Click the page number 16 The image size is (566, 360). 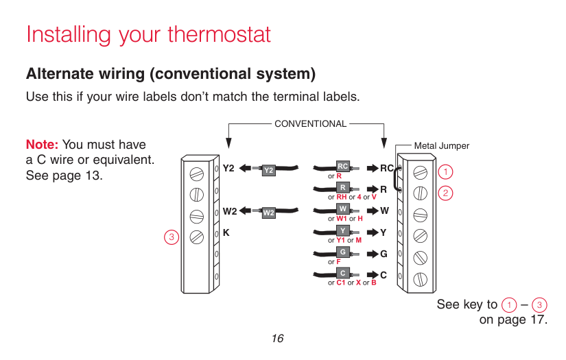click(277, 339)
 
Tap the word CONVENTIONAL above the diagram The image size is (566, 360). click(310, 124)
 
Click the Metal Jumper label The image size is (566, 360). click(442, 146)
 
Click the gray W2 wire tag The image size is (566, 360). click(268, 213)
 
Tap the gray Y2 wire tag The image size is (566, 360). click(269, 169)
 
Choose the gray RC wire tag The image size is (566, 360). click(342, 166)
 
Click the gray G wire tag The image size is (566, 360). click(342, 252)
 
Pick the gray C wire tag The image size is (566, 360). click(342, 274)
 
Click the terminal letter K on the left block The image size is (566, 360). click(226, 233)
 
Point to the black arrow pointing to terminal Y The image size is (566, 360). click(371, 232)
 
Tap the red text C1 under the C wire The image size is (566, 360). click(340, 283)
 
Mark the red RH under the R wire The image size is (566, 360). click(341, 197)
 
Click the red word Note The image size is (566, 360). click(42, 145)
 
